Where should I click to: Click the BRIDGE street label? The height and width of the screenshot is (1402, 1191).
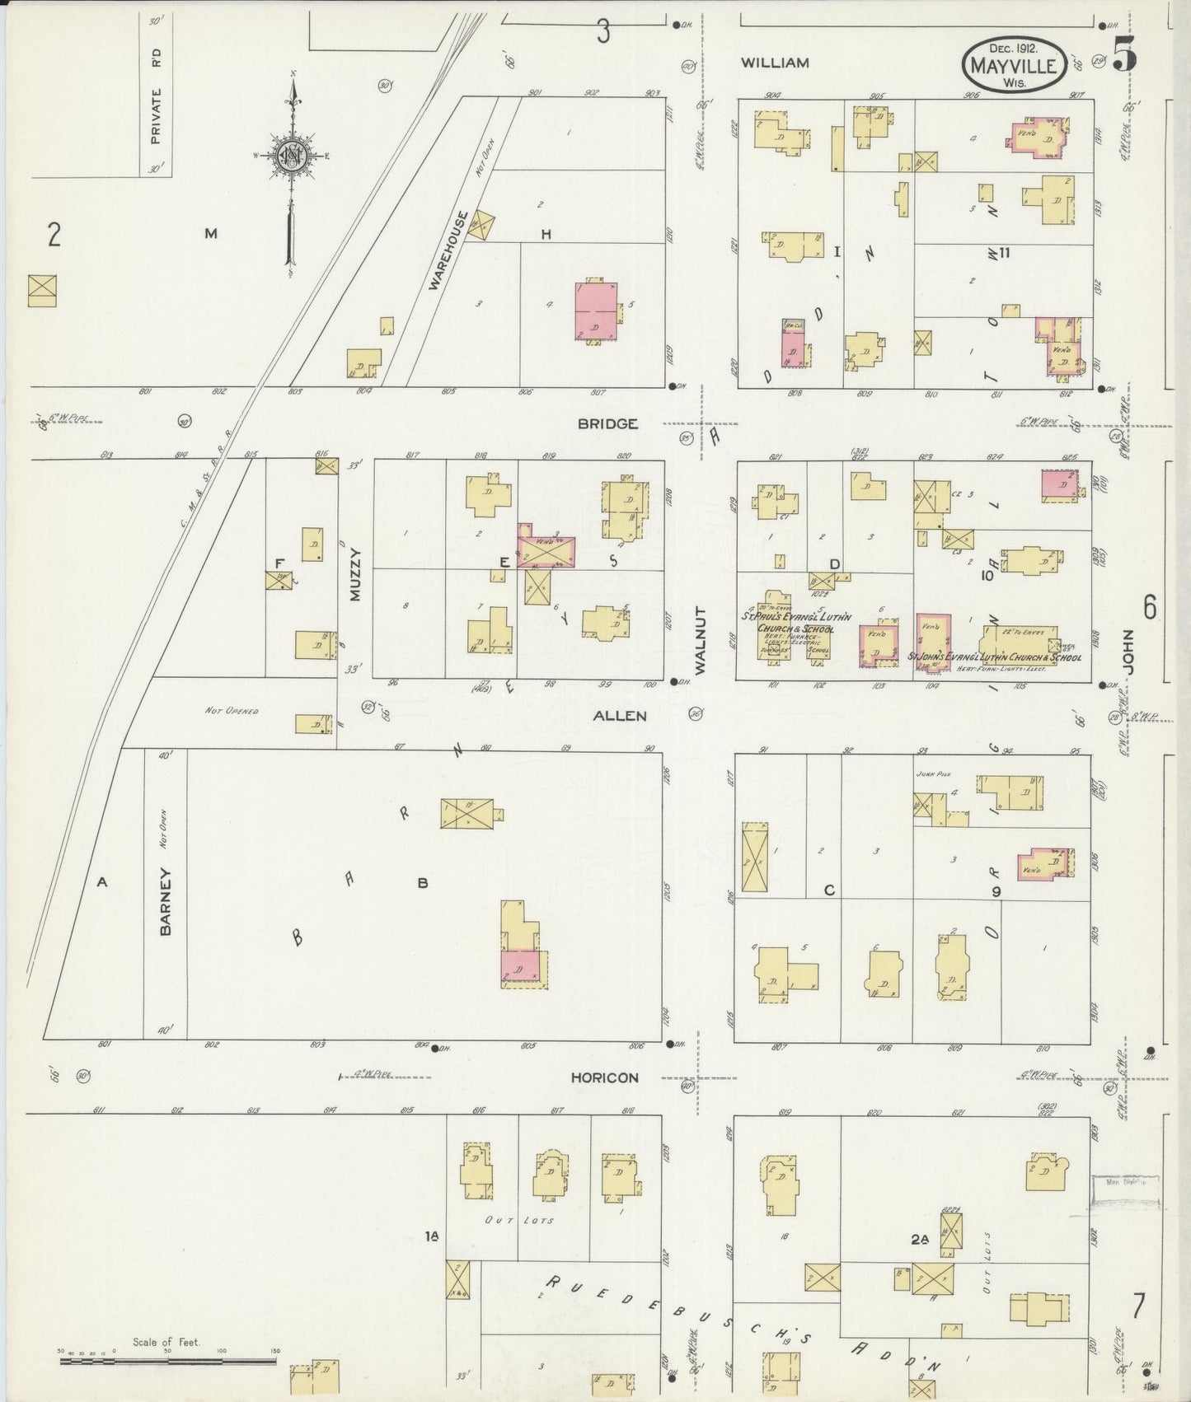coord(607,424)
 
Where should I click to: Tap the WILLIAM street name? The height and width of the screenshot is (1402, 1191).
coord(774,63)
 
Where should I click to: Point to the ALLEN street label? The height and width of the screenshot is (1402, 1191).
coord(620,717)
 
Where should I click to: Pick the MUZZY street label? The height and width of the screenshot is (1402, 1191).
coord(355,574)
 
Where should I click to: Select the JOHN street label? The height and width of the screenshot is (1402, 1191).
coord(1127,654)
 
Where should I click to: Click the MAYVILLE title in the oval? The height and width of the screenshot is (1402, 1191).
coord(1013,66)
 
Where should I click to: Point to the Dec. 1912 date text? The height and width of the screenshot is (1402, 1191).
coord(1013,48)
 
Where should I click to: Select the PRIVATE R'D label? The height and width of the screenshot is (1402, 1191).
coord(156,97)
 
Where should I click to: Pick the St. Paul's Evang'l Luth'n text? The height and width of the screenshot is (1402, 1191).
coord(795,615)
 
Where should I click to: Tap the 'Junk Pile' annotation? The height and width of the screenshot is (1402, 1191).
coord(929,774)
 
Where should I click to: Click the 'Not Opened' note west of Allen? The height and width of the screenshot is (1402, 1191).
coord(232,710)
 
